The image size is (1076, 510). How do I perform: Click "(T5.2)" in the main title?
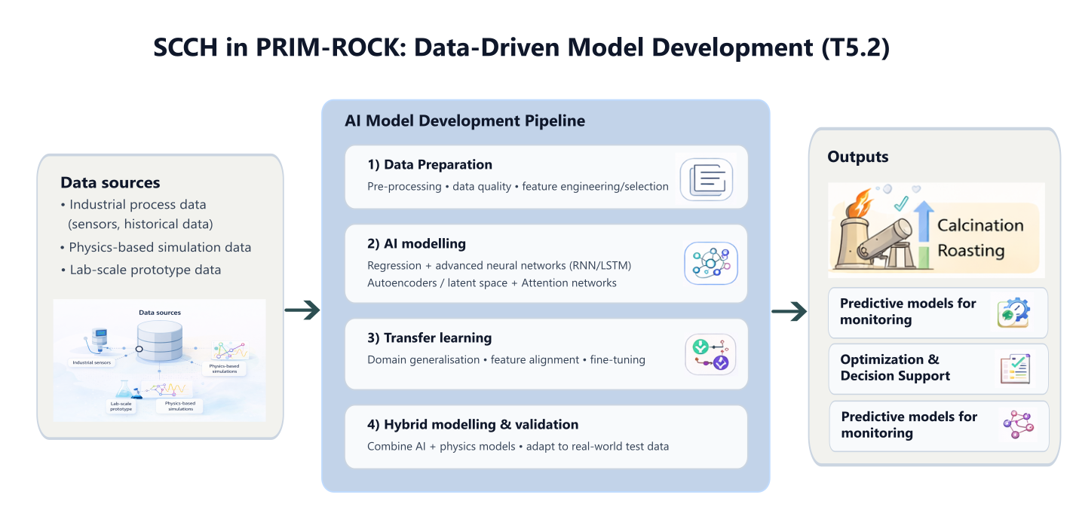[x=855, y=48]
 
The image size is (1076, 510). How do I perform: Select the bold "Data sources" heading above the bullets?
[x=110, y=182]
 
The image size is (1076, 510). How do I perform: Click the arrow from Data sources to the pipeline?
[x=302, y=310]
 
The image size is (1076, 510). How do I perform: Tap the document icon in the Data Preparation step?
[x=706, y=179]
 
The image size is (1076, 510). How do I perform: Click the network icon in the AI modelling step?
[x=710, y=263]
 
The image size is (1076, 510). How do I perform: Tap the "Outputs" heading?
[x=858, y=157]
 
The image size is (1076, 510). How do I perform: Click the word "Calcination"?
[x=980, y=225]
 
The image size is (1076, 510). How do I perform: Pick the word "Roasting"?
[x=971, y=250]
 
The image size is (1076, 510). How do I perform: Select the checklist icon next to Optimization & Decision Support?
[x=1014, y=368]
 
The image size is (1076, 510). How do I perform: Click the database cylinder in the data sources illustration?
[x=159, y=340]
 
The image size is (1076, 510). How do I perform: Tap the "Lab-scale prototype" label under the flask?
[x=122, y=407]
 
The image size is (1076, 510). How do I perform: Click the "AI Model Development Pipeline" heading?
[x=464, y=121]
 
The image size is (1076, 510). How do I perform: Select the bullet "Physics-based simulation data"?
[x=160, y=247]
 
